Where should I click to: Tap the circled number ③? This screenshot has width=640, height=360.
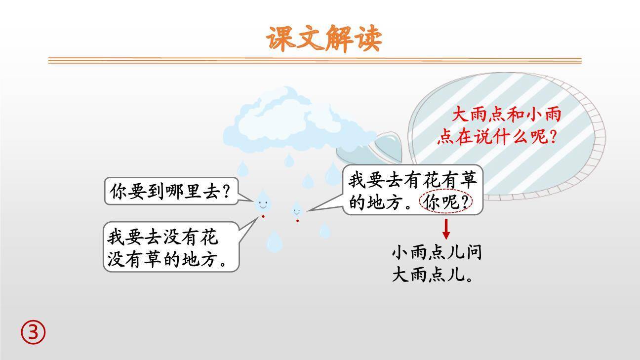coord(33,333)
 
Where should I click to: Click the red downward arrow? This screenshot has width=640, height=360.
coord(446,228)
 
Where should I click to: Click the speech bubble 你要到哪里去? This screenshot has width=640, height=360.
coord(171,192)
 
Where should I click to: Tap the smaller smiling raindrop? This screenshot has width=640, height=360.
coord(297,209)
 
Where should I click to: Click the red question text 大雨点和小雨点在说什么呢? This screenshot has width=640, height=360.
coord(499,126)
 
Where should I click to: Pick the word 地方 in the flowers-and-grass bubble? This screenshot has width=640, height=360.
coord(379,202)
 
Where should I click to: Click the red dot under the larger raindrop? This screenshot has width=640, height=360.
coord(263,216)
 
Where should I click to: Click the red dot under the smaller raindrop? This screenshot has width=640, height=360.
coord(297,221)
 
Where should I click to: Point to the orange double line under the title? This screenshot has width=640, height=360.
coord(315,61)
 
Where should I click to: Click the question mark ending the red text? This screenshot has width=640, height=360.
coord(553,137)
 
